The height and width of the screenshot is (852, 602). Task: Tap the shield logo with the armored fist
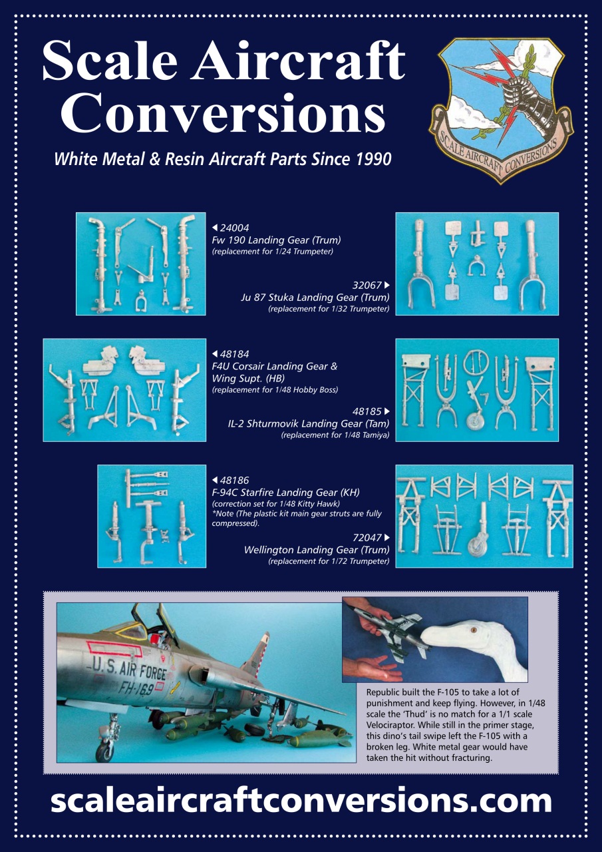tap(500, 108)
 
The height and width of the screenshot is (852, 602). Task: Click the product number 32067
tap(368, 286)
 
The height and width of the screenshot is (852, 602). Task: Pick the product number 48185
tap(368, 411)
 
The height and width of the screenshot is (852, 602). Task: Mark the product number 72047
tap(368, 538)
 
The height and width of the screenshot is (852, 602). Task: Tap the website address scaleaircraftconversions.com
tap(301, 801)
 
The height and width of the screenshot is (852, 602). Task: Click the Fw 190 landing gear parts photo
tap(141, 264)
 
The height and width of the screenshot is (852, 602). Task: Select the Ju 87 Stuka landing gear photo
tap(476, 264)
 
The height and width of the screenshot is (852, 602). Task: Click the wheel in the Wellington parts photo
tap(476, 545)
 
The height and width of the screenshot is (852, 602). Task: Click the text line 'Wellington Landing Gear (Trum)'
tap(317, 550)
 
